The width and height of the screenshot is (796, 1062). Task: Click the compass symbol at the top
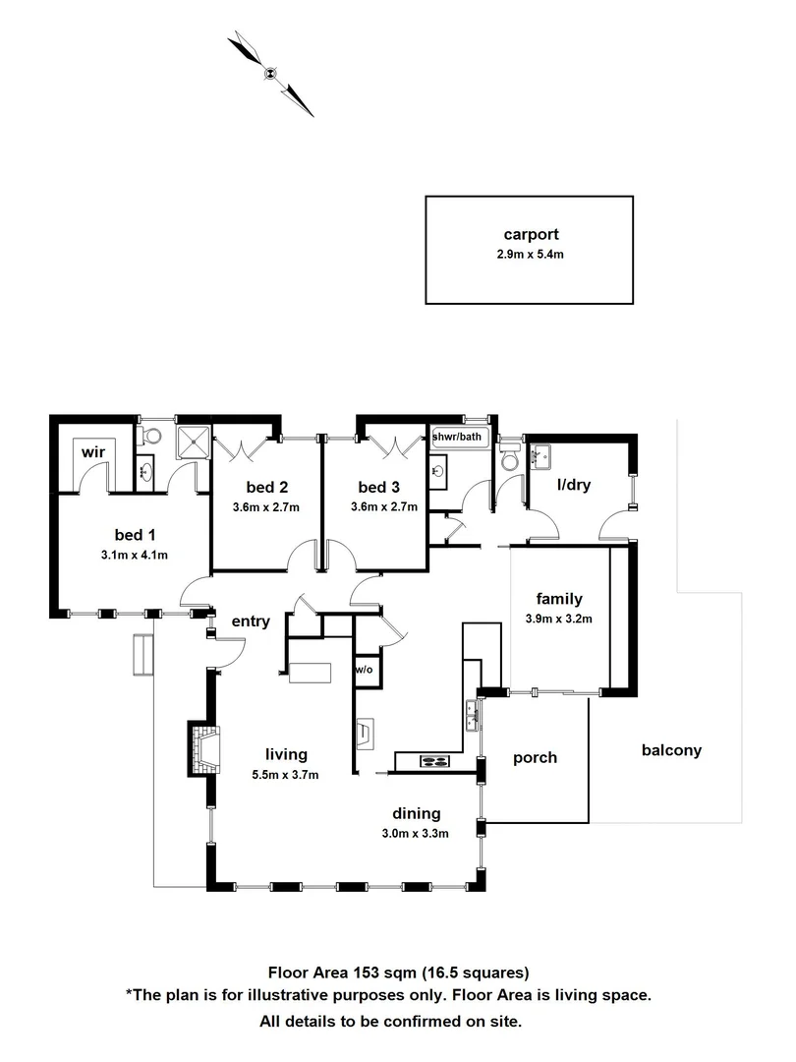pyautogui.click(x=270, y=73)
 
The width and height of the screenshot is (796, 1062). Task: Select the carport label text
pyautogui.click(x=531, y=235)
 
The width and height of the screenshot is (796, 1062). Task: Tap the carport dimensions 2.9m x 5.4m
pyautogui.click(x=531, y=254)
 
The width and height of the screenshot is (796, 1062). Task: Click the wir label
pyautogui.click(x=93, y=451)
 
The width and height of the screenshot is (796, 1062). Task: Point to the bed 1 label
pyautogui.click(x=135, y=535)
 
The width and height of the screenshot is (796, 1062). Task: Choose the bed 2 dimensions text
pyautogui.click(x=265, y=507)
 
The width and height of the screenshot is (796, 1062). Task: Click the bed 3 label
pyautogui.click(x=377, y=488)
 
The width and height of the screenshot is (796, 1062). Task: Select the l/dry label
pyautogui.click(x=573, y=485)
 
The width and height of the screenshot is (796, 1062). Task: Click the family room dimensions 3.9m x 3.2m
pyautogui.click(x=559, y=619)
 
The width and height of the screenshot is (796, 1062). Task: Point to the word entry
pyautogui.click(x=251, y=620)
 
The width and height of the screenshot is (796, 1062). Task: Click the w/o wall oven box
pyautogui.click(x=364, y=670)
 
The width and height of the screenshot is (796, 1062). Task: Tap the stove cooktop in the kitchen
pyautogui.click(x=434, y=760)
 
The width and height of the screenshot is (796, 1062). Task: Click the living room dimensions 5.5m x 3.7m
pyautogui.click(x=286, y=774)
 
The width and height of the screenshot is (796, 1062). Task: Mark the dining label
pyautogui.click(x=417, y=813)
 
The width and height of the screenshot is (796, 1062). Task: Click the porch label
pyautogui.click(x=536, y=757)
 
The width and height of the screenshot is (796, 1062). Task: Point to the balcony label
pyautogui.click(x=671, y=750)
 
